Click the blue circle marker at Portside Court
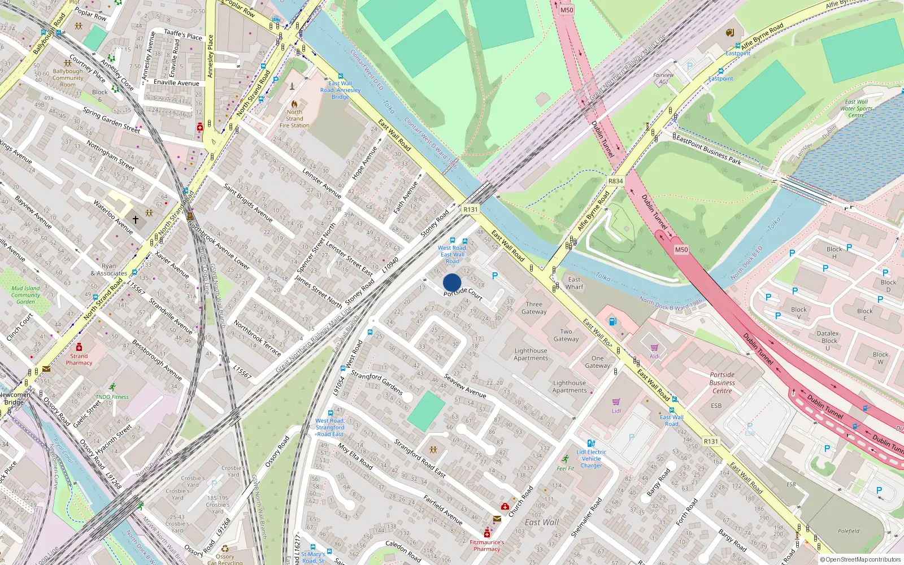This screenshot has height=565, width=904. pos(452,282)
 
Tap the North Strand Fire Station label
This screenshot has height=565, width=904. pos(294,119)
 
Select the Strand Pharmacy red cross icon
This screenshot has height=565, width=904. pos(79,346)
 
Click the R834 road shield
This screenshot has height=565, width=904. pos(615,181)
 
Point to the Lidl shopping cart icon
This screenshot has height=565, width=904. pos(616,402)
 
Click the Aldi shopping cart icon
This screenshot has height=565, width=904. pos(654,347)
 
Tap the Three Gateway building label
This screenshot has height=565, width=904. pos(534,308)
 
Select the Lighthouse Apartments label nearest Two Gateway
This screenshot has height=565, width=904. pos(531,354)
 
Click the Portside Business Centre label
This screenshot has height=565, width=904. pos(722,383)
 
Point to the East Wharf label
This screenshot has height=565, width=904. pos(574,283)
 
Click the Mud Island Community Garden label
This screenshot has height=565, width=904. pos(25,295)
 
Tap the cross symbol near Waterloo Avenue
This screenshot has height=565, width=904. pos(136,219)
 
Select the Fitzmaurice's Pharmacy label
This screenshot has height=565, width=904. pos(487,545)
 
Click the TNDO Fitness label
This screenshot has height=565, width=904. pos(112,397)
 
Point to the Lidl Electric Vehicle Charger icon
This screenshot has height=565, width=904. pos(590,444)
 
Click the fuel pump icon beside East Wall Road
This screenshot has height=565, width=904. pos(612,321)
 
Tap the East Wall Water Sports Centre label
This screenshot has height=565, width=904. pos(856,108)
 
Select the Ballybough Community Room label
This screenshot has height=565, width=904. pos(68,78)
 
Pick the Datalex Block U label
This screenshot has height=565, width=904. pos(828,340)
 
